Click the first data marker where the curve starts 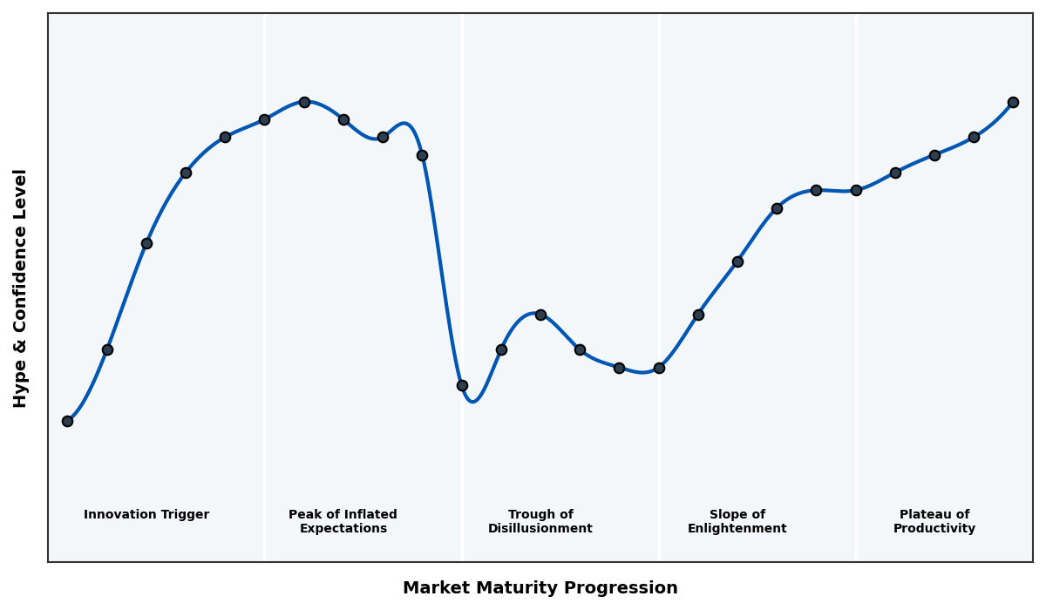coord(67,421)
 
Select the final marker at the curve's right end coord(1013,102)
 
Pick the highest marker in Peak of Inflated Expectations coord(304,102)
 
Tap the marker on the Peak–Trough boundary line coord(462,385)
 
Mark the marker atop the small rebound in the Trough coord(540,315)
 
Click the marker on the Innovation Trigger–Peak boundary coord(264,119)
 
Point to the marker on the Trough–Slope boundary coord(659,368)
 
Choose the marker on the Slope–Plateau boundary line coord(856,190)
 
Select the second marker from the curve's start coord(107,349)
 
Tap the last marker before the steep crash coord(422,155)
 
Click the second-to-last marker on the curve coord(974,137)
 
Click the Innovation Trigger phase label coord(146,515)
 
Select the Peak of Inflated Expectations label coord(343,521)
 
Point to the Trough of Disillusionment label coord(540,521)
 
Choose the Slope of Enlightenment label coord(737,521)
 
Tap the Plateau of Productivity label coord(934,521)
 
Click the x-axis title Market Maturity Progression coord(540,588)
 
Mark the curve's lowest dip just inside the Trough coord(472,402)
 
